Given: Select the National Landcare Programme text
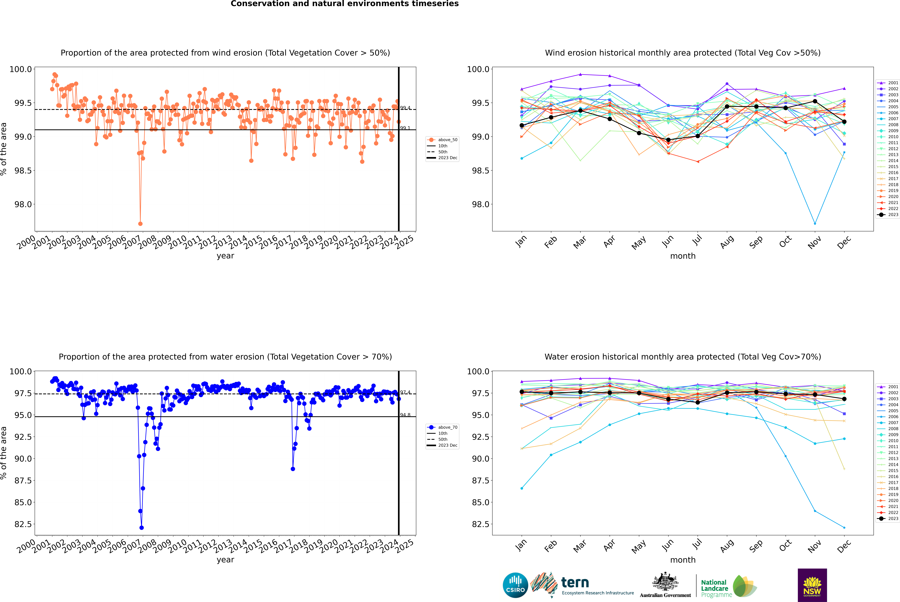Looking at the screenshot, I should tap(714, 588).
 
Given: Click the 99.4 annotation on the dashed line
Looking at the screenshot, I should tap(405, 108).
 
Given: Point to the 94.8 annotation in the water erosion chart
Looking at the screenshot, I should tap(405, 415).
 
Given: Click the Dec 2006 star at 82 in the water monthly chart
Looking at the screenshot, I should tap(844, 527).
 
